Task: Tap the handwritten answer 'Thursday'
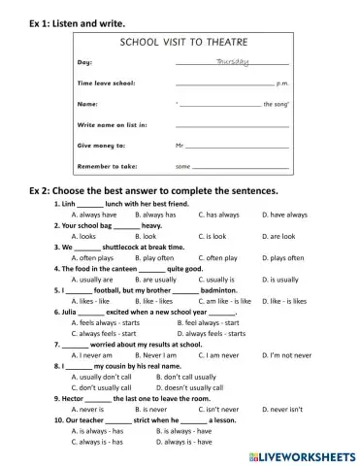coord(231,62)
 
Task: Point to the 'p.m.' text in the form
coord(282,84)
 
